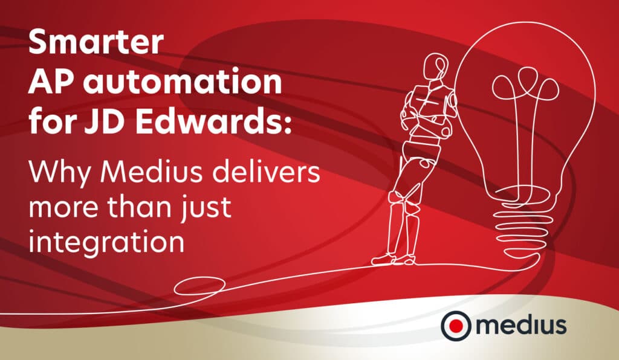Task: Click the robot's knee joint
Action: [x=397, y=197]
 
